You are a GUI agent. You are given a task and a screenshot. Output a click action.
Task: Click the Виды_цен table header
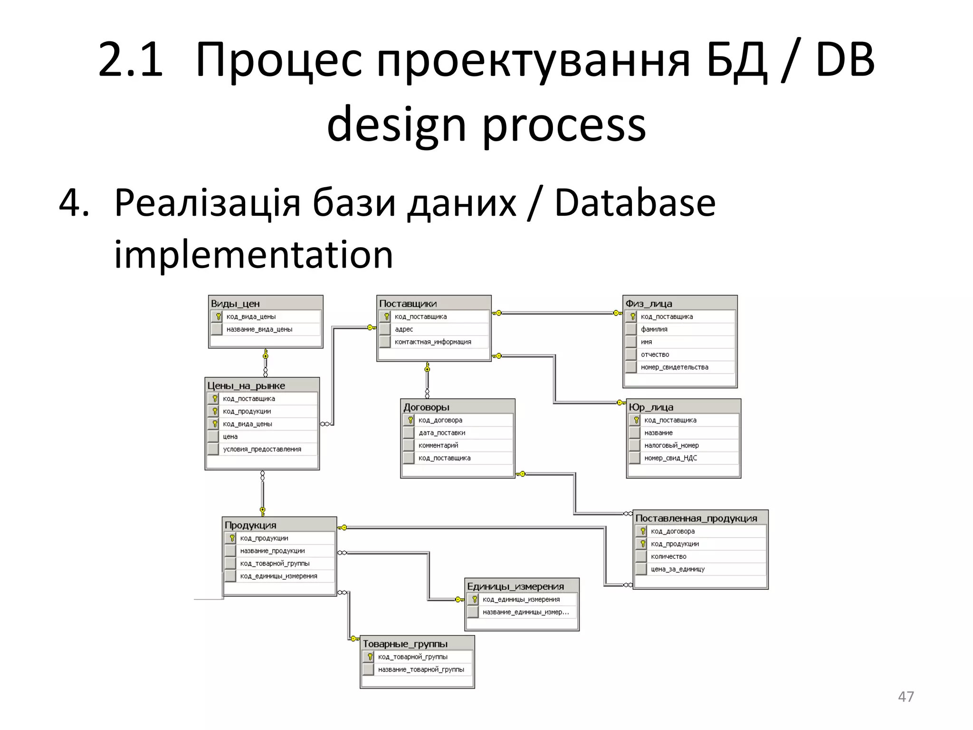[x=235, y=303]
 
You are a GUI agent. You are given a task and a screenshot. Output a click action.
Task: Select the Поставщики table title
[x=408, y=303]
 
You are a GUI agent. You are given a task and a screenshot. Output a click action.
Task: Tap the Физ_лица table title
[x=649, y=303]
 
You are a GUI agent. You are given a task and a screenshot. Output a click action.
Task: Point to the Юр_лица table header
[x=651, y=407]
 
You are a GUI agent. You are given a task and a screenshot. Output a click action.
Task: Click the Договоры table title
[x=426, y=407]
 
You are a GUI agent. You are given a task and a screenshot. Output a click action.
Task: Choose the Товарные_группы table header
[x=405, y=644]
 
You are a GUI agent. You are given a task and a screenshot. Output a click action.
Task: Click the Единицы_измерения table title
[x=515, y=586]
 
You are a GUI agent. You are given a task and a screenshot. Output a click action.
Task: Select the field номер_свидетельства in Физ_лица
[x=674, y=367]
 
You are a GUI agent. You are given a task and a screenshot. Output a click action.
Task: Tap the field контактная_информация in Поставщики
[x=433, y=342]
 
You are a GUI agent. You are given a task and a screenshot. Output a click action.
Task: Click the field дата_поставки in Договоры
[x=442, y=432]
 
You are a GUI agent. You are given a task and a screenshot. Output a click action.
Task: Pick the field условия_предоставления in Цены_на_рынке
[x=262, y=449]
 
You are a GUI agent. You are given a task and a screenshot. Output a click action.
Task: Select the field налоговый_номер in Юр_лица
[x=671, y=445]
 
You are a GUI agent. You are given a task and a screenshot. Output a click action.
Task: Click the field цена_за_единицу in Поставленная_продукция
[x=677, y=569]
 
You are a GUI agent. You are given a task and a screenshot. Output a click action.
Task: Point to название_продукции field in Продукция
[x=272, y=551]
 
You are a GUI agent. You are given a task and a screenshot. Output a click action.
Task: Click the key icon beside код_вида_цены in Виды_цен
[x=218, y=317]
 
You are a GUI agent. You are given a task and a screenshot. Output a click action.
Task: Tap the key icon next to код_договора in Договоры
[x=410, y=420]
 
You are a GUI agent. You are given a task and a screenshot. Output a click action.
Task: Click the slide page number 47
[x=906, y=697]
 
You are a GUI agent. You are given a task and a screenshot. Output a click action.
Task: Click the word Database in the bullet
[x=635, y=203]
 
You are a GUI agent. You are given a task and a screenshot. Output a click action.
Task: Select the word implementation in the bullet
[x=254, y=255]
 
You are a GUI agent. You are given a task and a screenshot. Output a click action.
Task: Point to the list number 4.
[x=73, y=203]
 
